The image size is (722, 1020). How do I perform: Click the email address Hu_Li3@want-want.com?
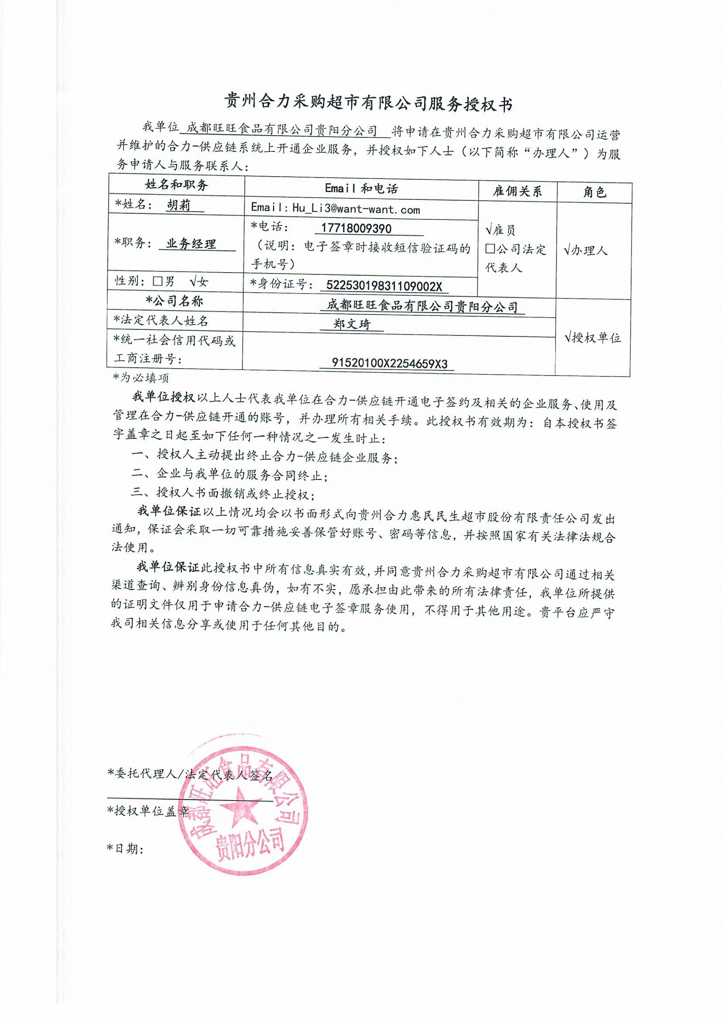point(356,209)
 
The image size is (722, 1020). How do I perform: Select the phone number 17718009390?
point(356,228)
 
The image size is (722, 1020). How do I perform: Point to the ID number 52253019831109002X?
point(384,285)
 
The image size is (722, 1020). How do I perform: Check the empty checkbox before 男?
point(157,281)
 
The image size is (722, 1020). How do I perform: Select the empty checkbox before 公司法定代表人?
point(490,249)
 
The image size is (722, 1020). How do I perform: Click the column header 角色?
point(594,192)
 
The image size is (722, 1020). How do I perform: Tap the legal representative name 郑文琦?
point(352,324)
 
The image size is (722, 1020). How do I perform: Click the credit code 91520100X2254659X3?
point(389,363)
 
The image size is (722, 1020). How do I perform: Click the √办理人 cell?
point(585,250)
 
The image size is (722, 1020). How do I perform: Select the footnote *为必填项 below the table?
point(141,378)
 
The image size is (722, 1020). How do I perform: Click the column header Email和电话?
point(361,188)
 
